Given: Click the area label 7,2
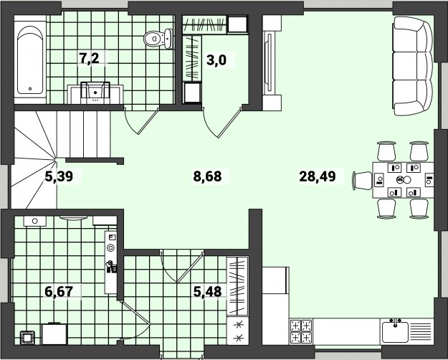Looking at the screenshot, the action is pyautogui.click(x=89, y=59).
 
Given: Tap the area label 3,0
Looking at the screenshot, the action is pyautogui.click(x=216, y=60).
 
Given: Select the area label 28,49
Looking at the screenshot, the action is pyautogui.click(x=317, y=176).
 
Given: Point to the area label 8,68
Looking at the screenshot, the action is pyautogui.click(x=207, y=176).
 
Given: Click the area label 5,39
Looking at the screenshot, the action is pyautogui.click(x=59, y=176).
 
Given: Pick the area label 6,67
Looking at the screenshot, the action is pyautogui.click(x=59, y=292).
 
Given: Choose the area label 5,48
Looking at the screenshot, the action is pyautogui.click(x=207, y=292).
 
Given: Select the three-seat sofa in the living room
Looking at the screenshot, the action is pyautogui.click(x=413, y=66).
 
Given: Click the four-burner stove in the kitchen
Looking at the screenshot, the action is pyautogui.click(x=301, y=331).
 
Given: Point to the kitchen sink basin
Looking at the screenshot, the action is pyautogui.click(x=396, y=332).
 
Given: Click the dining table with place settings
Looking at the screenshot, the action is pyautogui.click(x=403, y=180).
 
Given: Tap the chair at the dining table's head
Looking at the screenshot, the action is pyautogui.click(x=362, y=181).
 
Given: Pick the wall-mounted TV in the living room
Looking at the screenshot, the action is pyautogui.click(x=268, y=62).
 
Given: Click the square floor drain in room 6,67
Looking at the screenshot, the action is pyautogui.click(x=27, y=338).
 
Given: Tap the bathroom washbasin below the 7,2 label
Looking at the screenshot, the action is pyautogui.click(x=95, y=92).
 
